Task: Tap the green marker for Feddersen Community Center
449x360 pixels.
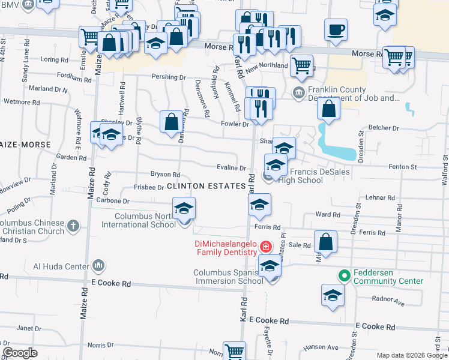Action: [x=344, y=276]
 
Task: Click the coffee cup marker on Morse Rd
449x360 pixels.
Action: [x=336, y=29]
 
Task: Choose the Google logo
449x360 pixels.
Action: [x=20, y=352]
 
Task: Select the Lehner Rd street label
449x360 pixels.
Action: [x=380, y=197]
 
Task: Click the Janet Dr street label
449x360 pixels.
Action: [x=25, y=328]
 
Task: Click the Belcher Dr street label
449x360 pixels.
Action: [x=384, y=128]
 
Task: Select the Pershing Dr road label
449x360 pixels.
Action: [x=169, y=77]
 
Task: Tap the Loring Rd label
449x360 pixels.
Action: [x=54, y=60]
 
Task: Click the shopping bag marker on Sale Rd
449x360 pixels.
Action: [x=325, y=242]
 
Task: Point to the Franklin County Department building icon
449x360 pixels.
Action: [x=298, y=93]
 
